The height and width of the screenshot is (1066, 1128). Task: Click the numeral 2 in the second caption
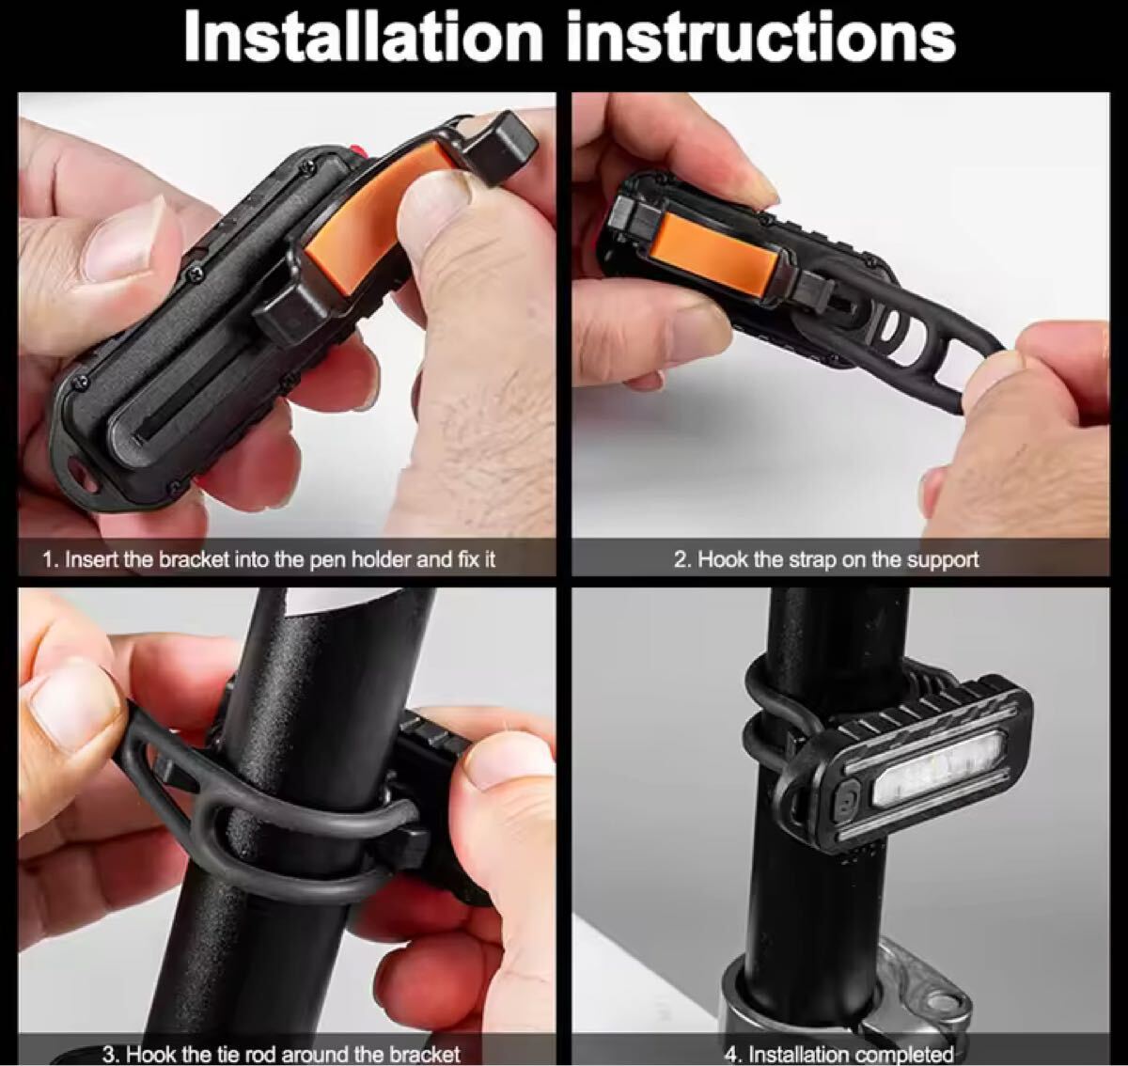(x=681, y=559)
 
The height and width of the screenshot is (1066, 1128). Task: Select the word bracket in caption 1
(x=195, y=559)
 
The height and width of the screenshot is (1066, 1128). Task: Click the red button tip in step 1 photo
(x=358, y=151)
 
